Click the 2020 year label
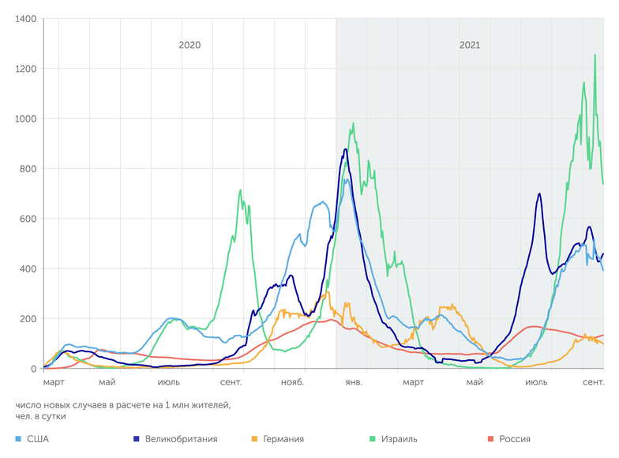[x=189, y=45]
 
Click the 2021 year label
[x=470, y=45]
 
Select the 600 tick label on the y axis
[x=28, y=219]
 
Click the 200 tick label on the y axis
[x=28, y=319]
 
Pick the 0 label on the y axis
[x=34, y=369]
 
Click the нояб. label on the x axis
[x=292, y=383]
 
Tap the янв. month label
[x=354, y=383]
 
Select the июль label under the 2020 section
[x=169, y=383]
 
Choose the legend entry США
[x=37, y=439]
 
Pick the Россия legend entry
[x=514, y=439]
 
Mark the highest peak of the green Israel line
[x=595, y=54]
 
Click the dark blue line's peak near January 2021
[x=346, y=149]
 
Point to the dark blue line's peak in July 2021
[x=539, y=193]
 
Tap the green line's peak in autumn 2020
[x=241, y=190]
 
